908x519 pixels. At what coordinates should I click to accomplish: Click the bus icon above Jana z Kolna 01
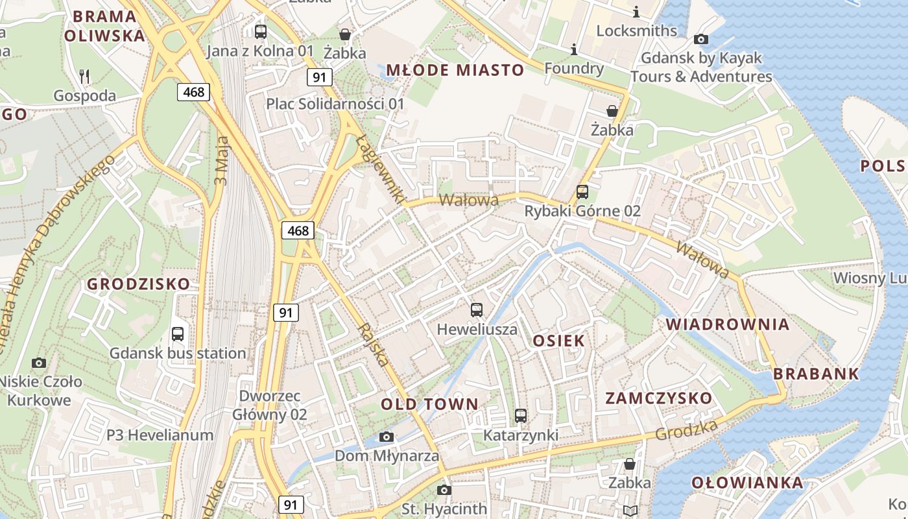[261, 31]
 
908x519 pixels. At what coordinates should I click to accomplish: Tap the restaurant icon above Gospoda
[84, 76]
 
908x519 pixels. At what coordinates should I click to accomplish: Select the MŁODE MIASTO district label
[455, 70]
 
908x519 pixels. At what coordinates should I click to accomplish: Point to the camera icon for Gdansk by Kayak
[700, 39]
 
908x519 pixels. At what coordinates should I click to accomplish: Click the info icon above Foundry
[573, 49]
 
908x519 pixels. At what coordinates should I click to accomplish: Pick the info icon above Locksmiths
[636, 12]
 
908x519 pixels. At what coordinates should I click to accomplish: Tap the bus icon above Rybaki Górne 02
[582, 191]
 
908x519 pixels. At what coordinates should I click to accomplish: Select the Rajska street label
[374, 344]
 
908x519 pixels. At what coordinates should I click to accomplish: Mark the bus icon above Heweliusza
[477, 310]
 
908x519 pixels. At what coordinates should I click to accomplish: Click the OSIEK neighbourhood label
[558, 341]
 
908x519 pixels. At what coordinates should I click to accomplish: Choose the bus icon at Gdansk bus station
[177, 334]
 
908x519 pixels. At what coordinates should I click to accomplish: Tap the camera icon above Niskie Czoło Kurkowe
[39, 363]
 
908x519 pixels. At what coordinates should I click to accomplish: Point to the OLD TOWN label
[429, 404]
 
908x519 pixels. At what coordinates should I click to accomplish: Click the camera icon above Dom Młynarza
[387, 437]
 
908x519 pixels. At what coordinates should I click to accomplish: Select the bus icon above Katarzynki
[520, 415]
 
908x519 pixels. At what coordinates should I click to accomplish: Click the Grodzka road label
[686, 429]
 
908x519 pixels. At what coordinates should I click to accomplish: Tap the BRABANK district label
[816, 374]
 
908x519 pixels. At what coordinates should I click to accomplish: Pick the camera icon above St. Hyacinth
[444, 490]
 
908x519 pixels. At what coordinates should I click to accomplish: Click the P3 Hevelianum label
[160, 435]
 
